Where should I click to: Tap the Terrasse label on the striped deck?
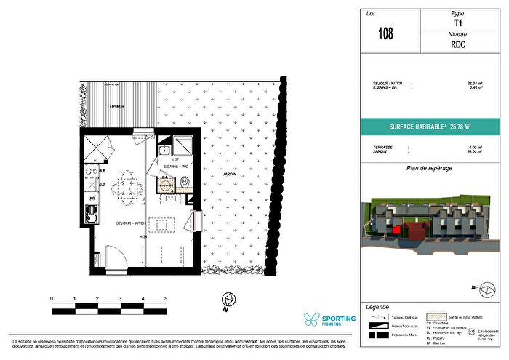112,106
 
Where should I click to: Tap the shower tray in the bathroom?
182,146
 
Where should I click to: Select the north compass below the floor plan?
227,300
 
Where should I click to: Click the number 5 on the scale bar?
167,299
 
